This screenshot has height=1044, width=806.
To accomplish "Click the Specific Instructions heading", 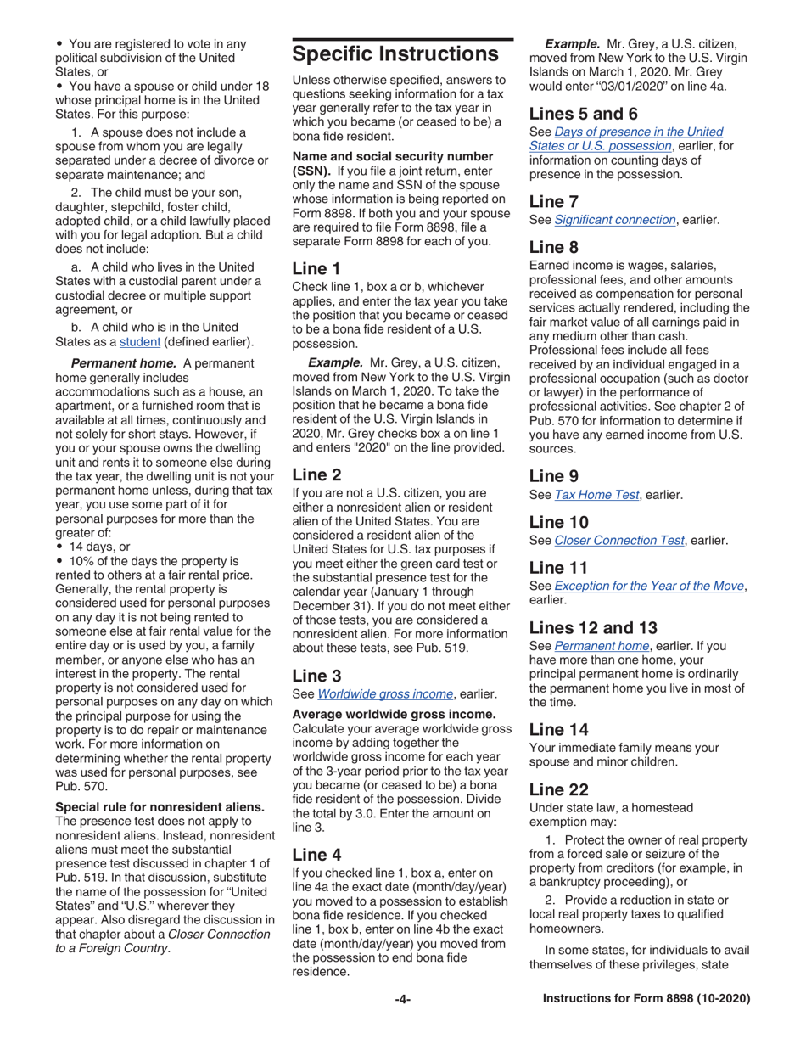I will click(395, 54).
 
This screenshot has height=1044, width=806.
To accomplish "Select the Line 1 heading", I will click(316, 267).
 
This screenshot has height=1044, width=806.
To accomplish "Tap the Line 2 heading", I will click(316, 474).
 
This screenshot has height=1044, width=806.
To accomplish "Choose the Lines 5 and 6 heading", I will click(584, 113).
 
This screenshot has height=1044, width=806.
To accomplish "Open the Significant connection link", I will click(615, 220).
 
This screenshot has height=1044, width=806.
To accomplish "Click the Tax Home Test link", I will click(596, 495).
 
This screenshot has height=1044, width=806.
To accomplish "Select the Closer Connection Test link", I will click(619, 540).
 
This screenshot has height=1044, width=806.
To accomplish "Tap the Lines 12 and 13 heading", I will click(593, 627).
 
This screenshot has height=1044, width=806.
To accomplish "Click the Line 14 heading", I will click(558, 728).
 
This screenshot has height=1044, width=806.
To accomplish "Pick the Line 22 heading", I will click(558, 789).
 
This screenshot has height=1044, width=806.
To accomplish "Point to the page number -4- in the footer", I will click(402, 999).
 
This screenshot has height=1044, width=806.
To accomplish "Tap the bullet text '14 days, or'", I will click(99, 547).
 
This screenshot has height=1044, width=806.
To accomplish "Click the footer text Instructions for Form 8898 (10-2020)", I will click(646, 999).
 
